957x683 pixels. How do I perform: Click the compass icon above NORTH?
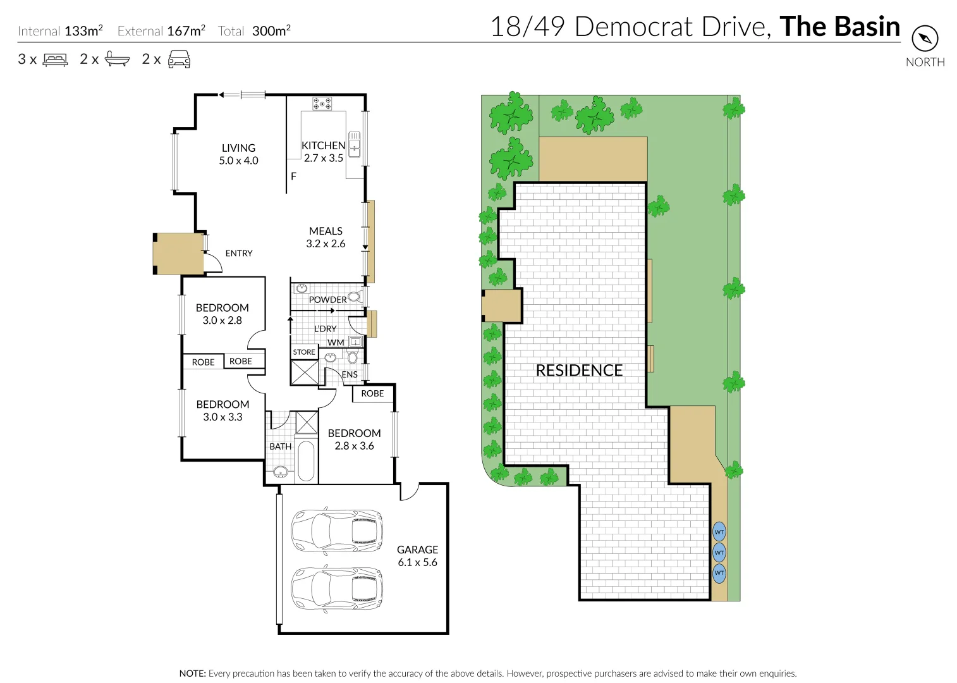925,39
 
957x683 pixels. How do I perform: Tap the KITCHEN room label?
323,146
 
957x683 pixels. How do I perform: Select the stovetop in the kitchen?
322,103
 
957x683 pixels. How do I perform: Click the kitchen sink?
354,144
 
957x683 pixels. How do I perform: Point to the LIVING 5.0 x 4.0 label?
238,154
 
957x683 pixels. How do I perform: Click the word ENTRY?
239,254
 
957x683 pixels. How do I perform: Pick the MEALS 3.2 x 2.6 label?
326,238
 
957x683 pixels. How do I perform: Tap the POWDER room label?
327,300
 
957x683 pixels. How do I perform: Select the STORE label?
304,352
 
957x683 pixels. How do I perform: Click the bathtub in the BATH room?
306,460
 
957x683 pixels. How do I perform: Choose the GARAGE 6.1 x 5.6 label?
417,556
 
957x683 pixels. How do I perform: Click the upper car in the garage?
337,530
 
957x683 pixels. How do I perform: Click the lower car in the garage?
337,588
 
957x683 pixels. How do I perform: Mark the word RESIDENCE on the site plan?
579,371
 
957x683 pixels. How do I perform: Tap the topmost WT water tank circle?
719,532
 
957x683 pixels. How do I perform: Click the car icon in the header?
179,59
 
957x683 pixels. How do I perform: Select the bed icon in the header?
55,60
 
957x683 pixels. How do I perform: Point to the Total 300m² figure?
255,31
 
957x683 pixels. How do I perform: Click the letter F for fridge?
293,176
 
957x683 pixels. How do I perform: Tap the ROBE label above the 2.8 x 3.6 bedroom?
372,393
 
